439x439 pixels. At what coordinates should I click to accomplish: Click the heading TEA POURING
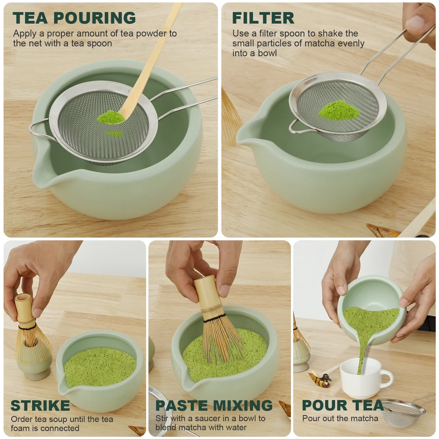pos(74,18)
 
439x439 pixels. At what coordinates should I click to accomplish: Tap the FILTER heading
pos(263,18)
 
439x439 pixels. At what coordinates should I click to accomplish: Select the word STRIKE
pos(40,405)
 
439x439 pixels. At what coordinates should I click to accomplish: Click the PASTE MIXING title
pos(214,405)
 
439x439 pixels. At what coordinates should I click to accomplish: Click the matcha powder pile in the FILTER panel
pos(339,110)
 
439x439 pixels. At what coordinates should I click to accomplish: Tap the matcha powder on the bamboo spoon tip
pos(111,117)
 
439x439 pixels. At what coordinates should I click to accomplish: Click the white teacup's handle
pos(386,378)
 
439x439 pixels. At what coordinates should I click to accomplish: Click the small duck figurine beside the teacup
pos(320,379)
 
